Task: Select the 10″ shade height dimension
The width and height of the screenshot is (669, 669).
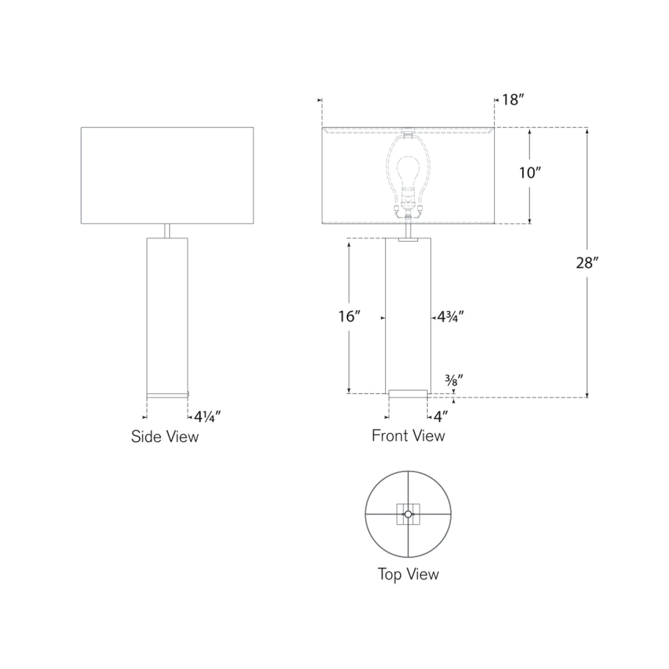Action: [530, 173]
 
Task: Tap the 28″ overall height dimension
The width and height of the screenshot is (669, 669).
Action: [587, 263]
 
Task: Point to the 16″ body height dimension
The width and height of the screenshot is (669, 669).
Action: [349, 316]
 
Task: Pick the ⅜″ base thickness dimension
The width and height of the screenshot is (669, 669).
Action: [454, 381]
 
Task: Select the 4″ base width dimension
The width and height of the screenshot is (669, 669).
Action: [440, 417]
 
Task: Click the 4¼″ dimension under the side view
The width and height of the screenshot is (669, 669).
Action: [206, 417]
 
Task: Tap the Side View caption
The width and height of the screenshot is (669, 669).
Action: [164, 437]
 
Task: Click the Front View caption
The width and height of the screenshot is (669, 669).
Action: [408, 436]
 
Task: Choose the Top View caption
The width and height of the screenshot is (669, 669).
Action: [408, 574]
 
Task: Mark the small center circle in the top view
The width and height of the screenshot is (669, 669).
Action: [408, 514]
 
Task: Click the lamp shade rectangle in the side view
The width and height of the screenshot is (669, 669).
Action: [167, 175]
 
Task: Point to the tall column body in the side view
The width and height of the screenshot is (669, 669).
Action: [167, 315]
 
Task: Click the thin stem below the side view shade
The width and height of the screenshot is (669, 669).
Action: [167, 231]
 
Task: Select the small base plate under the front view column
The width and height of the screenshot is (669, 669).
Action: [408, 394]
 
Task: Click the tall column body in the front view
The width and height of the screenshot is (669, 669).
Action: [408, 315]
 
